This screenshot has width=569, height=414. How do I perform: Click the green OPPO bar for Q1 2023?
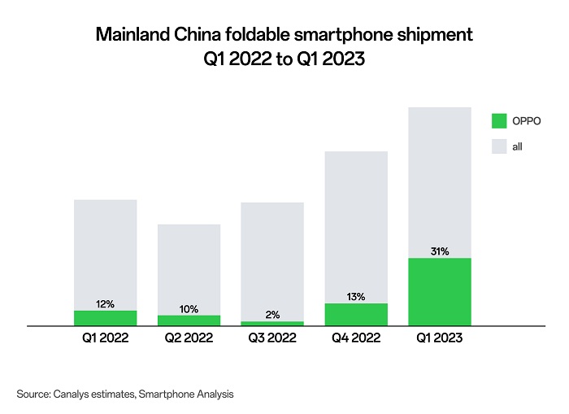click(x=440, y=292)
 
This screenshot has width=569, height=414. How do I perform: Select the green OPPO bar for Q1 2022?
click(x=105, y=318)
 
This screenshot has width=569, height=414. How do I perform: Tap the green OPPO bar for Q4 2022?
click(x=356, y=315)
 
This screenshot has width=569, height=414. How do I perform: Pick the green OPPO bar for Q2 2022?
click(x=189, y=320)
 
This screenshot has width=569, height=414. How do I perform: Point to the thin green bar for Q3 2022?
click(x=272, y=323)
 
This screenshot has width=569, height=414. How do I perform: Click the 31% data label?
click(x=440, y=251)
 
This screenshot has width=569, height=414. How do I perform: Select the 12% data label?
click(x=105, y=304)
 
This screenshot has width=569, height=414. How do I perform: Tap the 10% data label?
click(x=189, y=309)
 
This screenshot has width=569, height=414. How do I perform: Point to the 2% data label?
click(x=272, y=315)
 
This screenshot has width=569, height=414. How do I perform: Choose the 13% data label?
click(x=356, y=297)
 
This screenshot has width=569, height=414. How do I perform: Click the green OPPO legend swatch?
click(x=499, y=121)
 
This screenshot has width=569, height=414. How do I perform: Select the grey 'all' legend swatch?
click(x=499, y=147)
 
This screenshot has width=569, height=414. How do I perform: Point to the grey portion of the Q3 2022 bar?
click(x=272, y=260)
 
